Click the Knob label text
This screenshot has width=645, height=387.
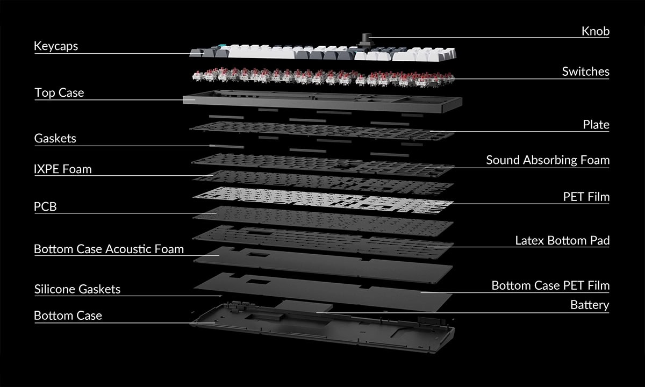click(595, 31)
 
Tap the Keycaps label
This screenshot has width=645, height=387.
click(56, 46)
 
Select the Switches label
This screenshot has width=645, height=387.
click(585, 71)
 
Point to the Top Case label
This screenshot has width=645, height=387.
click(59, 92)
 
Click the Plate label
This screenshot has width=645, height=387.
click(596, 125)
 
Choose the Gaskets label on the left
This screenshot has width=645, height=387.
click(55, 138)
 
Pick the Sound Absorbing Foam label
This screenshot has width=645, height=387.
click(548, 160)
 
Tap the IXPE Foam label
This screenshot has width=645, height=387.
click(63, 169)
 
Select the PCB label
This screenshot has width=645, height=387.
click(46, 206)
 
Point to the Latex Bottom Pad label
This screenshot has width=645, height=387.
click(562, 240)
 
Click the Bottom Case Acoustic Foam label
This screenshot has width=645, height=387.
click(109, 249)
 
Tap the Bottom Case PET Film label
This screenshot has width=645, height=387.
click(550, 285)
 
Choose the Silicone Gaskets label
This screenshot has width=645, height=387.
click(77, 289)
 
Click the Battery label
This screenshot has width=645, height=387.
click(589, 305)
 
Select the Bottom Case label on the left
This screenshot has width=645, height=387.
click(68, 316)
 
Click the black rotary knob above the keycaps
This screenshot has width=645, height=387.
click(366, 39)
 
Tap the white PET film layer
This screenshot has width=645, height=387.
click(322, 200)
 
